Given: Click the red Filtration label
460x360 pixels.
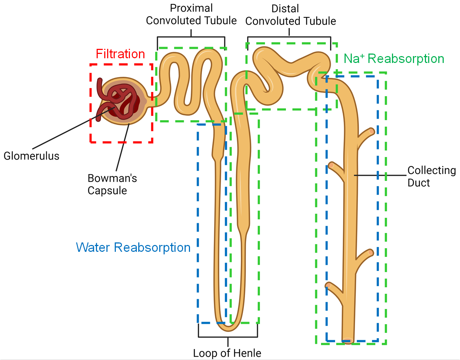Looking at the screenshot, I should pyautogui.click(x=120, y=54).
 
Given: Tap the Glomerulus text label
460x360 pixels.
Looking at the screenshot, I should pyautogui.click(x=31, y=156).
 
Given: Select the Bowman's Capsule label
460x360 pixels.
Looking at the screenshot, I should pyautogui.click(x=112, y=184).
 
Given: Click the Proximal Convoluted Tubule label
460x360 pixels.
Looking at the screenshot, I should pyautogui.click(x=191, y=14).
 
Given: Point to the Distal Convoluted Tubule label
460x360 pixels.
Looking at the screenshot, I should pyautogui.click(x=290, y=15).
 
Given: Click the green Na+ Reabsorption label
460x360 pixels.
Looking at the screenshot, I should pyautogui.click(x=394, y=59).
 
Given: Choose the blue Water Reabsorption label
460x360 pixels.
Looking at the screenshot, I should pyautogui.click(x=133, y=247).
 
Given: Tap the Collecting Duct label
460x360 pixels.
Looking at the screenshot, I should pyautogui.click(x=431, y=176).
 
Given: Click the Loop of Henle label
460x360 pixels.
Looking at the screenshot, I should pyautogui.click(x=227, y=353).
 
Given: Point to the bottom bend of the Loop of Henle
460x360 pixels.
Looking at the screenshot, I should pyautogui.click(x=228, y=328).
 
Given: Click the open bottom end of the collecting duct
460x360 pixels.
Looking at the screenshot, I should pyautogui.click(x=348, y=340).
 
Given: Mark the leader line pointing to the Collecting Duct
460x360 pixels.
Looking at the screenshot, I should pyautogui.click(x=380, y=175).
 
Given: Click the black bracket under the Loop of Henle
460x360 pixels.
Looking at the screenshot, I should pyautogui.click(x=228, y=336).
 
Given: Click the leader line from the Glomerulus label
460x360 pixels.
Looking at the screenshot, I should pyautogui.click(x=69, y=130).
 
